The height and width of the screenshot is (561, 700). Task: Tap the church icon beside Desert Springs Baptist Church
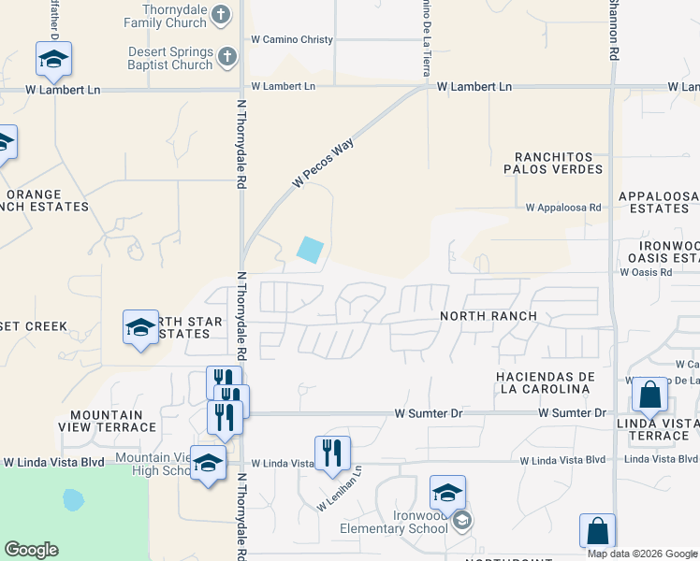coord(226,58)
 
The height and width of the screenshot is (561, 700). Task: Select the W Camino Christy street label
coord(292,40)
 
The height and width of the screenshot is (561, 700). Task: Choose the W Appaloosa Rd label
coord(562,208)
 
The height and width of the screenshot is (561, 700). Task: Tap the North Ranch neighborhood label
coord(489,316)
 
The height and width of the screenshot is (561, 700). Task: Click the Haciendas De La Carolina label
coord(546,381)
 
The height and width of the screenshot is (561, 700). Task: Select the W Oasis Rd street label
coord(646,272)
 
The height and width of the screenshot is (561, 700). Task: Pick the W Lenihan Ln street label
coord(339,489)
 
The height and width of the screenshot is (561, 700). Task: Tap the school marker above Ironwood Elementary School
coord(447,493)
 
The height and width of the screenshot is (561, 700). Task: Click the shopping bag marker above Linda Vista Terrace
coord(649,395)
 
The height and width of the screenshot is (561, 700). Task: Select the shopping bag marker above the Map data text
coord(597,531)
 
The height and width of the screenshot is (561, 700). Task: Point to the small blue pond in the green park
coord(72,499)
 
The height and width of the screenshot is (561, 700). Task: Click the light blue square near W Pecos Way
coord(310,250)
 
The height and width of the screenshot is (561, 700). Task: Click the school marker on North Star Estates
coord(140,327)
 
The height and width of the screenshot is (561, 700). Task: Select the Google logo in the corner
coord(31,551)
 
